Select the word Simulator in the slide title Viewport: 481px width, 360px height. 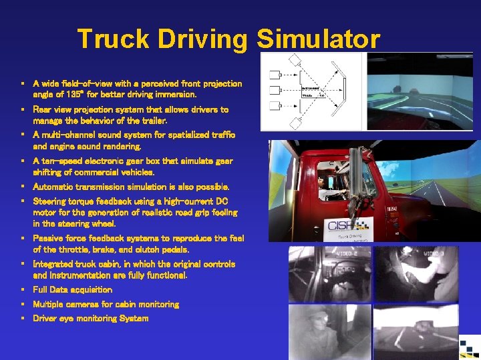(x=318, y=39)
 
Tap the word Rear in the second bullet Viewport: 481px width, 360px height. (x=43, y=109)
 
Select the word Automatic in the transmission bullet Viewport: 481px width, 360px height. (x=59, y=187)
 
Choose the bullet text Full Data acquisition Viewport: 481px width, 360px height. (x=72, y=290)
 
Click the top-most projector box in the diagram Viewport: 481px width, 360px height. (x=295, y=60)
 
